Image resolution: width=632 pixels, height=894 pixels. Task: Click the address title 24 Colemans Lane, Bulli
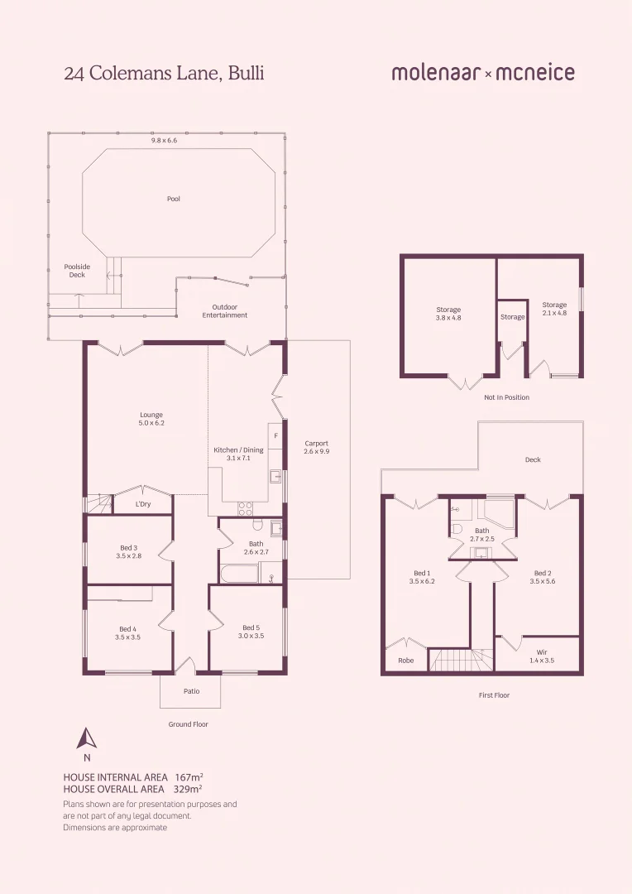[164, 73]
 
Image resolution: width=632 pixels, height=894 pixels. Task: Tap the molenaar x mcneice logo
[483, 73]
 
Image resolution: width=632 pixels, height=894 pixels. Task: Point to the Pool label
[173, 199]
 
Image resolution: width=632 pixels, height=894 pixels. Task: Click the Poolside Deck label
[77, 271]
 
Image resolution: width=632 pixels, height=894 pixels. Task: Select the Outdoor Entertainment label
[224, 310]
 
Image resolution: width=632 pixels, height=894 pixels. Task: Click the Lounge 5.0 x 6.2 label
[151, 419]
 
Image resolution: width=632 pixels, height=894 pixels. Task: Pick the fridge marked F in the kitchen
[275, 435]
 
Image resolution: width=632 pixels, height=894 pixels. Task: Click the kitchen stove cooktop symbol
[245, 507]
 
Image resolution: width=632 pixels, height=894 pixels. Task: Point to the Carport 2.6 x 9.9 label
[316, 447]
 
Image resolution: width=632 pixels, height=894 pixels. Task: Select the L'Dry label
[143, 504]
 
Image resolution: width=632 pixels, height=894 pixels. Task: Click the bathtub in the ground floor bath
[239, 573]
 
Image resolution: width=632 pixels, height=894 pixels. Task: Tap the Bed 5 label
[251, 632]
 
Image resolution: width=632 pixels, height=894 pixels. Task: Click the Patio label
[191, 691]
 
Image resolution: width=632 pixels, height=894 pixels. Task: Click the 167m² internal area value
[189, 777]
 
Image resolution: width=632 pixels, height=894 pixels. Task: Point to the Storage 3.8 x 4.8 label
[448, 314]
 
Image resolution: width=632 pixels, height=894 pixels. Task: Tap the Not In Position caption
[506, 397]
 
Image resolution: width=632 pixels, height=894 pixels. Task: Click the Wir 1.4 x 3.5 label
[541, 656]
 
